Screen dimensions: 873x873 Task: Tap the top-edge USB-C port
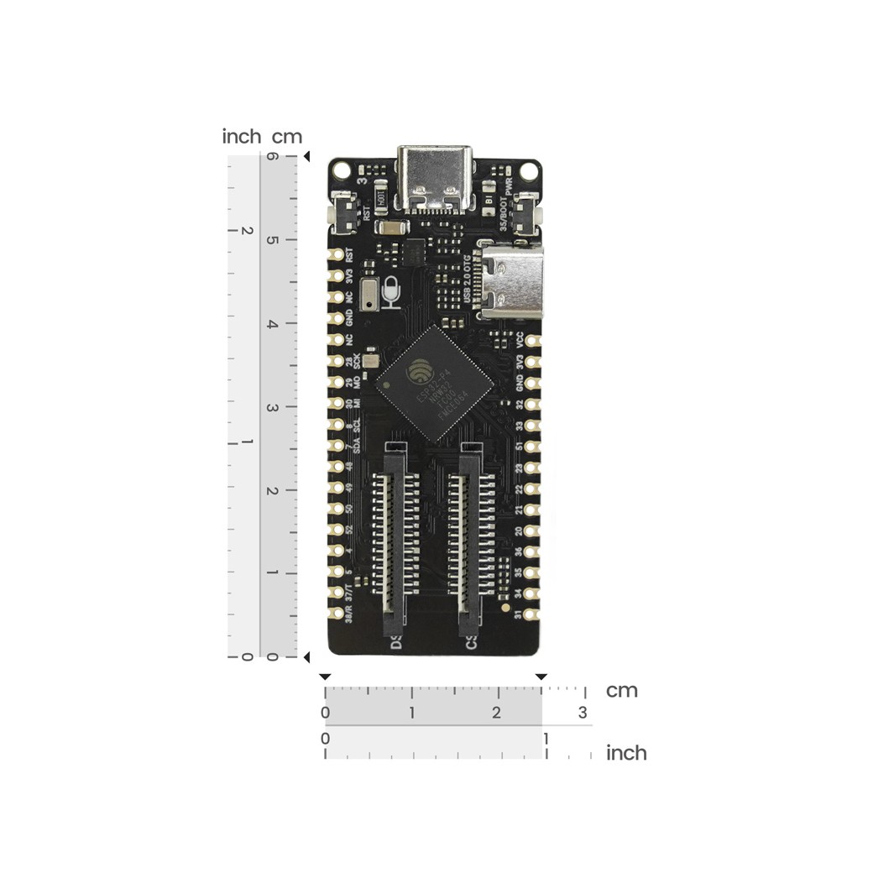435,178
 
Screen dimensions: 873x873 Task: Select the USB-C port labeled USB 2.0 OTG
511,282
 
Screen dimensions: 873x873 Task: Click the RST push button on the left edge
342,211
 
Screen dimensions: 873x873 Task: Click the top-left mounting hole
340,170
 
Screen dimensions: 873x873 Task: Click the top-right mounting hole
529,170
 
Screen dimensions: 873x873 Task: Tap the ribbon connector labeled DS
396,546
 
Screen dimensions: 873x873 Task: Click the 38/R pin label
350,614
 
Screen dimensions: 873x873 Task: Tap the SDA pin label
357,445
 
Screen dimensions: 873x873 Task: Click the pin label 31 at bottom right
520,614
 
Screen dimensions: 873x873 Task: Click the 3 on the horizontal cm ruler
582,713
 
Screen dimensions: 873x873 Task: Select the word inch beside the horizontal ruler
626,753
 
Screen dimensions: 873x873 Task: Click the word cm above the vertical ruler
286,136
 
